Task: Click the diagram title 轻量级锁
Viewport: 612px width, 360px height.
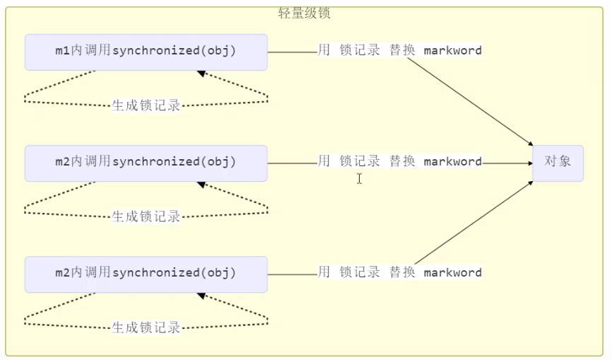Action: point(305,13)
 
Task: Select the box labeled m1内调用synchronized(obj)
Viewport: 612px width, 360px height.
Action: point(146,52)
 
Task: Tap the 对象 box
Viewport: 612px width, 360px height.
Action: point(558,162)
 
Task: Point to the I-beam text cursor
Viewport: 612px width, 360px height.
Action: point(359,179)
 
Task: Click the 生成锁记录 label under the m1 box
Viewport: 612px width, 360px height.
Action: point(146,105)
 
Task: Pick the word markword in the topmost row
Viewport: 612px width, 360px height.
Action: point(452,51)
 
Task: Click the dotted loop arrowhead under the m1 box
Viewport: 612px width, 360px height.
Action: point(201,73)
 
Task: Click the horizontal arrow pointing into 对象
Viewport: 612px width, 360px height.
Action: point(507,163)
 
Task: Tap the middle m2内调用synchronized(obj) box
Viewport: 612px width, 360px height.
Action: point(146,162)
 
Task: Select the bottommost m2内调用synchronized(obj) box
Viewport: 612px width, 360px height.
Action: point(146,273)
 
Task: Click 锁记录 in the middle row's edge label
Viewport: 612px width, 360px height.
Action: point(359,162)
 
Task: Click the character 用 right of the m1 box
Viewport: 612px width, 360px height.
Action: point(324,51)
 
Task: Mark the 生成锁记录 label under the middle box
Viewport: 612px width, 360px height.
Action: point(146,216)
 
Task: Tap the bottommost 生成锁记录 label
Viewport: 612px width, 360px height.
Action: point(146,327)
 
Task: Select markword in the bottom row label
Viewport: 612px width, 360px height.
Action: point(452,273)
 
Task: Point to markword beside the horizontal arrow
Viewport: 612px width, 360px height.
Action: point(452,162)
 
